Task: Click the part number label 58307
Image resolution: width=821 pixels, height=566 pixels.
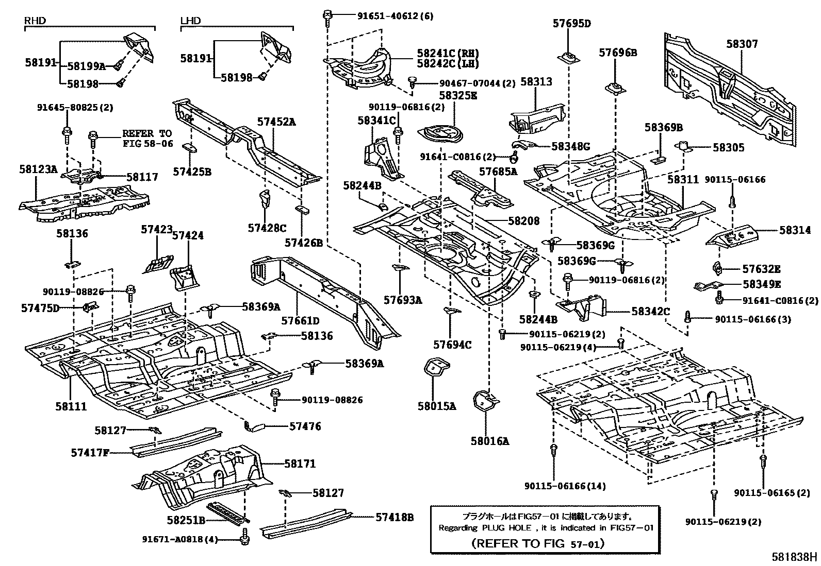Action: (x=742, y=44)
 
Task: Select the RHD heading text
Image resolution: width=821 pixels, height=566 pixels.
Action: (x=35, y=21)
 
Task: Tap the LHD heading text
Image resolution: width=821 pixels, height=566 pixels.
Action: (x=190, y=21)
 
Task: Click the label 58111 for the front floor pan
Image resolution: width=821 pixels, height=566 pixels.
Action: (x=71, y=406)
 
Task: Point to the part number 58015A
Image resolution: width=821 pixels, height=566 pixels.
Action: (x=437, y=406)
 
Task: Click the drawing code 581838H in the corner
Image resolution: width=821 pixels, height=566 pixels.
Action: (x=794, y=557)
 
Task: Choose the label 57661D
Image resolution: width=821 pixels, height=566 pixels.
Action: (x=300, y=321)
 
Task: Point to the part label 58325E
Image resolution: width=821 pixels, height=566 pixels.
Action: (x=458, y=95)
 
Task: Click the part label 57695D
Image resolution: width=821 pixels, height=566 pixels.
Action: (x=571, y=23)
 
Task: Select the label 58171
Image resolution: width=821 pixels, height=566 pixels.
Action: (x=300, y=464)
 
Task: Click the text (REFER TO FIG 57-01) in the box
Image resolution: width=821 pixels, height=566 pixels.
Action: (x=538, y=543)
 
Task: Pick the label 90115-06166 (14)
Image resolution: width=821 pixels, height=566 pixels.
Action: (x=566, y=486)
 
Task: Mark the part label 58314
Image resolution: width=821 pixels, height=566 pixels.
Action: (x=795, y=231)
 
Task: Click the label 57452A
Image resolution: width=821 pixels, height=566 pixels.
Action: (x=277, y=122)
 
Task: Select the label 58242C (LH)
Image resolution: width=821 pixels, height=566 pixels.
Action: (x=448, y=64)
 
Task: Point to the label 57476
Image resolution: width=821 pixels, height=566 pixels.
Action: (x=305, y=426)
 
